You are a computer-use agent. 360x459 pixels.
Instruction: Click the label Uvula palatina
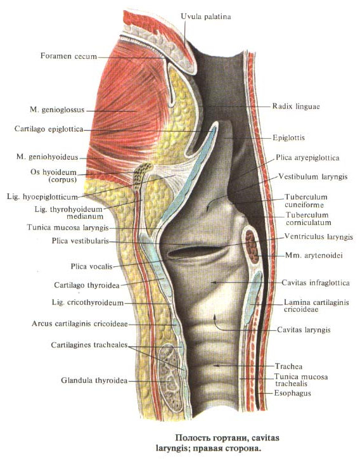(206, 16)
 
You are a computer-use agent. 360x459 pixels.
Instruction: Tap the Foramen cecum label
(69, 56)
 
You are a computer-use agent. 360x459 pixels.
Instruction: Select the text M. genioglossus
(57, 110)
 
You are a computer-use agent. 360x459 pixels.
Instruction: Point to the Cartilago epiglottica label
(49, 129)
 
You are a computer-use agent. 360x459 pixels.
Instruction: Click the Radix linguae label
(296, 106)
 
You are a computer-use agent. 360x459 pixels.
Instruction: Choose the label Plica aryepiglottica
(307, 158)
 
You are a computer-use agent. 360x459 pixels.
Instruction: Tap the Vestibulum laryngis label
(313, 176)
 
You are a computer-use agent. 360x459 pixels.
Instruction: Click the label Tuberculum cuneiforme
(306, 200)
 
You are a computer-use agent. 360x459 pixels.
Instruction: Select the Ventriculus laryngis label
(318, 236)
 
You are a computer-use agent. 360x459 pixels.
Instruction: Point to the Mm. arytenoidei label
(314, 255)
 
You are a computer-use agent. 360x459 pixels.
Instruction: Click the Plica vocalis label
(92, 266)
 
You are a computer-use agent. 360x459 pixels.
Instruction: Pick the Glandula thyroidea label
(94, 380)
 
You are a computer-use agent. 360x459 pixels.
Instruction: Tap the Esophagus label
(292, 393)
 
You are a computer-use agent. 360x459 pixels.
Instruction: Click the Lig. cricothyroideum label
(88, 302)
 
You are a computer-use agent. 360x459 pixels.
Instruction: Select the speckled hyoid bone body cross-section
(141, 175)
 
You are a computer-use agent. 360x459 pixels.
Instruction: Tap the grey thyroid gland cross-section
(170, 378)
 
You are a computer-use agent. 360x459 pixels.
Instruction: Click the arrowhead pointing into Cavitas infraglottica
(213, 282)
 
